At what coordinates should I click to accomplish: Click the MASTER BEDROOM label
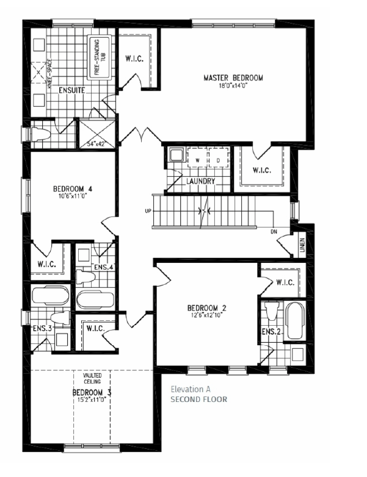[233, 78]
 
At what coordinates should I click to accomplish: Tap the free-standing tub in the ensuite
[100, 57]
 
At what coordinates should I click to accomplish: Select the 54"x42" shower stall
[97, 134]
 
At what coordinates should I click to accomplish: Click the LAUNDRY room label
[200, 181]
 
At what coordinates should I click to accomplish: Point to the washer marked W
[198, 158]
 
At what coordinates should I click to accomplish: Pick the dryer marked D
[219, 158]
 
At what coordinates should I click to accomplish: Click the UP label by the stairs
[148, 211]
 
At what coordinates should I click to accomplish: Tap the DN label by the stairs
[274, 232]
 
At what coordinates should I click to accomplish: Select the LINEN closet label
[302, 245]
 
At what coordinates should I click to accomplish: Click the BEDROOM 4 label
[73, 189]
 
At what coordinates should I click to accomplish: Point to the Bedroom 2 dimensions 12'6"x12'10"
[207, 315]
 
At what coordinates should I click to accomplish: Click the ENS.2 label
[271, 332]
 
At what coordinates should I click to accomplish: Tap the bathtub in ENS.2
[294, 321]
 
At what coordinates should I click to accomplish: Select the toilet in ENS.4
[85, 277]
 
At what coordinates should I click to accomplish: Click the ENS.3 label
[42, 329]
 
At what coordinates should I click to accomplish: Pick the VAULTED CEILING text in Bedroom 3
[92, 378]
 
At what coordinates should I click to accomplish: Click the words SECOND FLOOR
[199, 400]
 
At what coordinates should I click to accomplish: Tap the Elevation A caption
[191, 389]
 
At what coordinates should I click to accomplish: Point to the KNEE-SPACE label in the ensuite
[50, 74]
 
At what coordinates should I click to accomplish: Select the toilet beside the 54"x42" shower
[40, 134]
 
